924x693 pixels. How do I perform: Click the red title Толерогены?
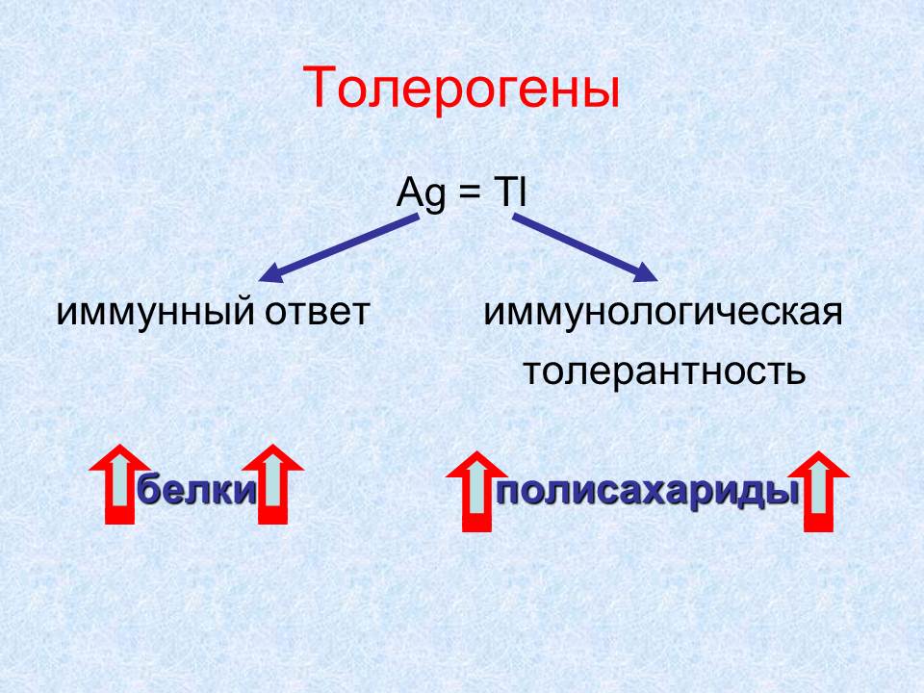pyautogui.click(x=461, y=89)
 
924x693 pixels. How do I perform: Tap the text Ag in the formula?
pyautogui.click(x=422, y=193)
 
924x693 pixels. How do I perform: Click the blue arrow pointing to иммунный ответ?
pyautogui.click(x=338, y=248)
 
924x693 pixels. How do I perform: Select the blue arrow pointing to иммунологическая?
pyautogui.click(x=585, y=248)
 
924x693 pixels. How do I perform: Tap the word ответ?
pyautogui.click(x=317, y=313)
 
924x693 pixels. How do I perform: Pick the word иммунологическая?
pyautogui.click(x=663, y=313)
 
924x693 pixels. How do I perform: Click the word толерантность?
pyautogui.click(x=664, y=372)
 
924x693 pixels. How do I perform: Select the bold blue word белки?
pyautogui.click(x=196, y=489)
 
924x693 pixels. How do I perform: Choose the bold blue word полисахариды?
pyautogui.click(x=647, y=492)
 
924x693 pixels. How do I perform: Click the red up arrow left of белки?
pyautogui.click(x=120, y=484)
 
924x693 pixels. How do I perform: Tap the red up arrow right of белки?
pyautogui.click(x=272, y=484)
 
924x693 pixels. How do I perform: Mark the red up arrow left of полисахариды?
pyautogui.click(x=476, y=492)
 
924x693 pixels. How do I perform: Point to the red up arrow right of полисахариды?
pyautogui.click(x=818, y=492)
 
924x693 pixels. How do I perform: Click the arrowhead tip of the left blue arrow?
pyautogui.click(x=259, y=281)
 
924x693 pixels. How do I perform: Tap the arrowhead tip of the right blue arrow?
pyautogui.click(x=657, y=281)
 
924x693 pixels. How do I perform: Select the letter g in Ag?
pyautogui.click(x=435, y=198)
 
